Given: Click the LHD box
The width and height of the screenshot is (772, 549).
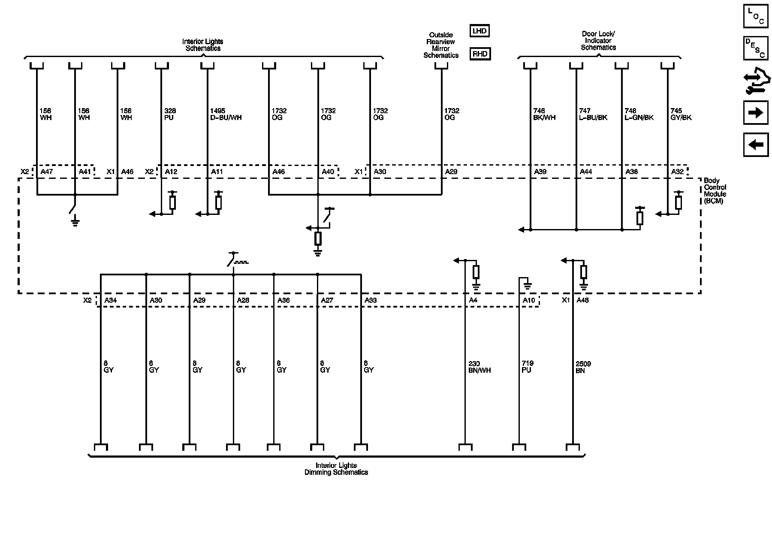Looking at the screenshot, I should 479,31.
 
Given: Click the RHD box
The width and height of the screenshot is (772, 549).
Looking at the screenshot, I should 480,54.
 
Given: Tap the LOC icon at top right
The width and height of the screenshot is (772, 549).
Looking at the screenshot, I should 755,16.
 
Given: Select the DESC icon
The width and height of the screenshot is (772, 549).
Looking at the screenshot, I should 755,48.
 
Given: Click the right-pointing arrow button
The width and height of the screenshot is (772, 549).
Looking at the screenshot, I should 755,113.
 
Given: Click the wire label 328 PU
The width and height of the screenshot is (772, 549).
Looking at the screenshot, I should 170,114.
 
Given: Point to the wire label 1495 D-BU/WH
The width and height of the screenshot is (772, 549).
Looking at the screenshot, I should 226,114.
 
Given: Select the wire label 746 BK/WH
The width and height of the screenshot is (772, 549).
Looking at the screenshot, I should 544,114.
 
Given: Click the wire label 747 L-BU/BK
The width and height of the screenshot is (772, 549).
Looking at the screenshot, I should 593,114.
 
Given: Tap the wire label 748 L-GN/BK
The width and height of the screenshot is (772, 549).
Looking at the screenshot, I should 639,114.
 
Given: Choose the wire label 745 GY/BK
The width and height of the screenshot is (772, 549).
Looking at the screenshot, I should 681,114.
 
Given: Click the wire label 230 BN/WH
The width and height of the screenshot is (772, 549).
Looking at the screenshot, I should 479,367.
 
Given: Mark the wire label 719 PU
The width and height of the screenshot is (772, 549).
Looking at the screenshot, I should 527,367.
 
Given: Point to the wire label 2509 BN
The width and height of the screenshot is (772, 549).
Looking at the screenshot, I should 583,367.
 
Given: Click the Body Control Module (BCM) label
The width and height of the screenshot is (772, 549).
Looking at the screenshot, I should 715,191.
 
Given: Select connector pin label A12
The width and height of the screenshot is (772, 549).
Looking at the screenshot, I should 171,172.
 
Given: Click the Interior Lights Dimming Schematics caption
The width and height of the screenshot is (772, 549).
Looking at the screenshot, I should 336,469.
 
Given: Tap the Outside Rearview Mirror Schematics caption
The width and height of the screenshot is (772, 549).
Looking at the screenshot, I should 441,45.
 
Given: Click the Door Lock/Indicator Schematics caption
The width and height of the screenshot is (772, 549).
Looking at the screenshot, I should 598,41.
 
